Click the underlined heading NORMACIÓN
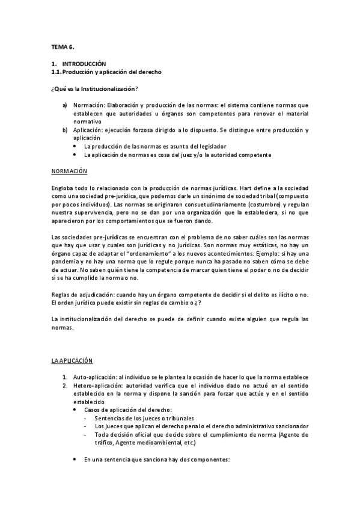69,172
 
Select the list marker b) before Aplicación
64,130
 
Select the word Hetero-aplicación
96,385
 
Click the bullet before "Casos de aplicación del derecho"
75,410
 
